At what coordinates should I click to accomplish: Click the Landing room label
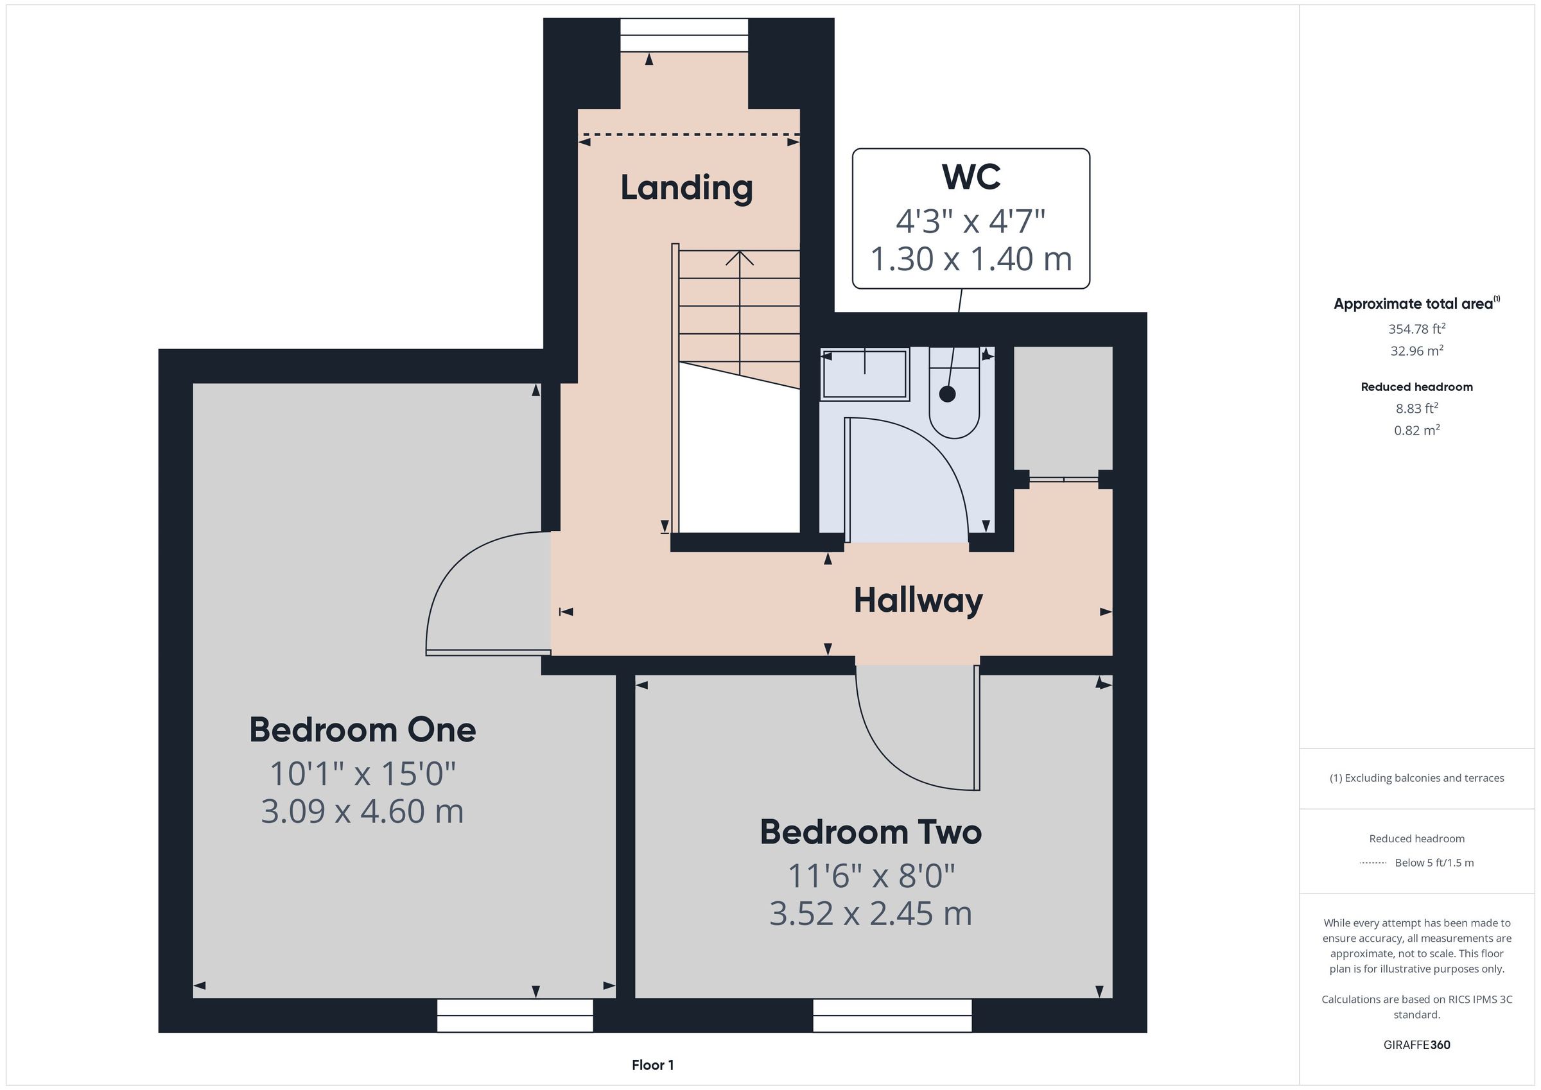(x=686, y=188)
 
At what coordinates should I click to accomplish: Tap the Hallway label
(x=918, y=600)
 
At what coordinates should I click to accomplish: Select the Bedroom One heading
(x=362, y=731)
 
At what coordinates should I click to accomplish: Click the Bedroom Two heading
(x=871, y=833)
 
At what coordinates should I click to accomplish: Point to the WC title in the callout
(x=971, y=177)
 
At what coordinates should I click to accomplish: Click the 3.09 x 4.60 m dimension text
(x=362, y=811)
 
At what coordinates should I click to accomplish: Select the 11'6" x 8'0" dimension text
(x=871, y=875)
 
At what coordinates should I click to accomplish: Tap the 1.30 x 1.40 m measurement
(x=971, y=259)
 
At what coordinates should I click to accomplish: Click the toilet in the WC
(x=954, y=393)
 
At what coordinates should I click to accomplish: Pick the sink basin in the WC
(x=865, y=374)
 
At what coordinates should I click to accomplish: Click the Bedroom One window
(x=515, y=1015)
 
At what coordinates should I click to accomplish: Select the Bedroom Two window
(x=892, y=1015)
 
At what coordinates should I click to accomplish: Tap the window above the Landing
(x=684, y=35)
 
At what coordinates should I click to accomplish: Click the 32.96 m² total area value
(x=1417, y=350)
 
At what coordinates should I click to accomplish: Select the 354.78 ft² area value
(x=1417, y=329)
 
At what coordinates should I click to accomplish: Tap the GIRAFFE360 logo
(x=1417, y=1045)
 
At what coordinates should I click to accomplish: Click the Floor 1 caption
(x=652, y=1065)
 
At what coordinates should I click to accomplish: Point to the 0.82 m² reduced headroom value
(x=1417, y=430)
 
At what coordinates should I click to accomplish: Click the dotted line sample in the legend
(x=1373, y=863)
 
